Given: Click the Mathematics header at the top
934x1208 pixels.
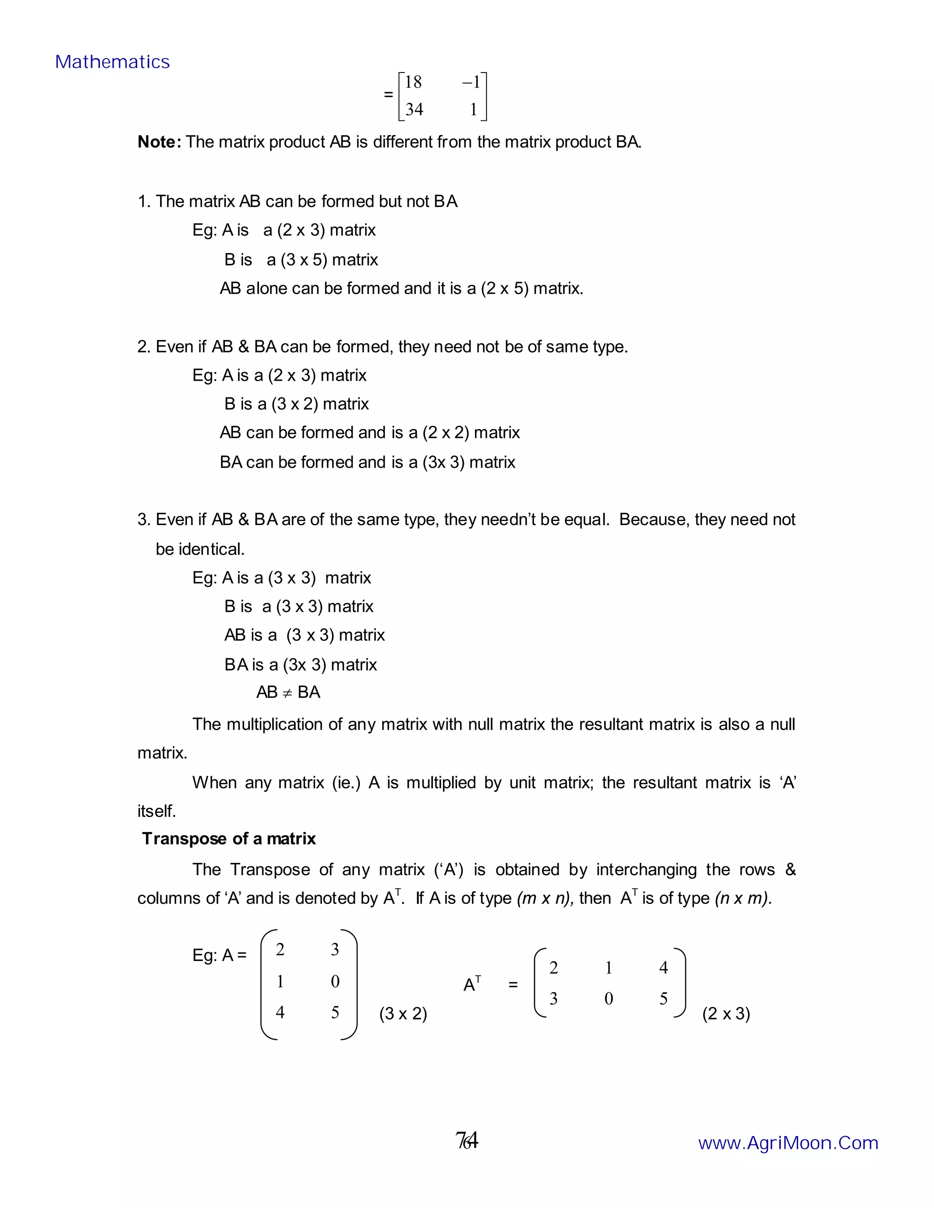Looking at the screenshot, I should point(112,62).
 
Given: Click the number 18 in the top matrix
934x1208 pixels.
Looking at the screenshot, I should point(413,83).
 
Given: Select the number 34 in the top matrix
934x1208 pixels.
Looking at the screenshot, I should point(414,109).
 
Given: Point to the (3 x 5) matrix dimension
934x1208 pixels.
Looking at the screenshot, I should point(304,259).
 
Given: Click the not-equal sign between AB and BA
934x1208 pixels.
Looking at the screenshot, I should point(287,692).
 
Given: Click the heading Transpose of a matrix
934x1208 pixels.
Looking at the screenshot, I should point(228,838).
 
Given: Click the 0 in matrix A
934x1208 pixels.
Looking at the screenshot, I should point(335,981).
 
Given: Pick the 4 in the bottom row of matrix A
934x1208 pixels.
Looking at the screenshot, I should point(280,1012).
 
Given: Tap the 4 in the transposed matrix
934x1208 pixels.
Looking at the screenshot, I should point(664,967).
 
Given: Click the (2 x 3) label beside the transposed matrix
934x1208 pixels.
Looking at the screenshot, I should point(726,1013).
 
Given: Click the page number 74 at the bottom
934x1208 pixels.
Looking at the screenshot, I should point(467,1141).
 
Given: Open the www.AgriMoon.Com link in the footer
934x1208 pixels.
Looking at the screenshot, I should point(788,1143).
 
